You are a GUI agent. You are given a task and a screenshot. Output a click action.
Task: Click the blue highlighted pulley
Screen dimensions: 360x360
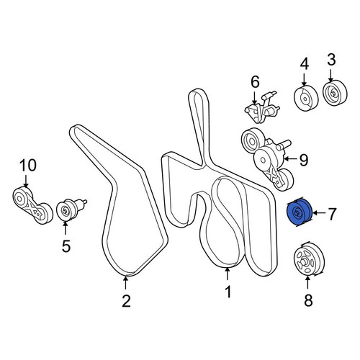click(x=300, y=212)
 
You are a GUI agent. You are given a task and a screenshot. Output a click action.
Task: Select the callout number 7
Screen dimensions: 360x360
click(x=331, y=214)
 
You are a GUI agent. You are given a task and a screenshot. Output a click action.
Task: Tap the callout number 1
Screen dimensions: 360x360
click(x=228, y=292)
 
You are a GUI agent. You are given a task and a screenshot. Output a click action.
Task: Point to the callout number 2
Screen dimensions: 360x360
click(x=126, y=301)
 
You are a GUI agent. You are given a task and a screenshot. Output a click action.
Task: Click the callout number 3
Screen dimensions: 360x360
click(x=331, y=60)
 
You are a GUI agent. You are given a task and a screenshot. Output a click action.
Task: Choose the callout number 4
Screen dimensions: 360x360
click(x=305, y=64)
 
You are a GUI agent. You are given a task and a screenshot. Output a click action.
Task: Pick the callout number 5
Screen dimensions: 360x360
click(x=66, y=246)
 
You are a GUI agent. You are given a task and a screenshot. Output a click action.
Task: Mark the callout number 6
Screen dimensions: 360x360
click(x=255, y=81)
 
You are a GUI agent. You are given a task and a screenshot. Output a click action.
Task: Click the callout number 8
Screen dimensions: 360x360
click(x=308, y=300)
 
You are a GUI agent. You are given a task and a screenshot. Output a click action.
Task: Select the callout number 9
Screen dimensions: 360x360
click(x=304, y=160)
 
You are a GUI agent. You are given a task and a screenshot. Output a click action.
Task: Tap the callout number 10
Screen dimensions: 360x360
click(x=28, y=165)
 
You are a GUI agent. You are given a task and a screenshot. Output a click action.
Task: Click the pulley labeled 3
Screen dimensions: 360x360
click(x=335, y=93)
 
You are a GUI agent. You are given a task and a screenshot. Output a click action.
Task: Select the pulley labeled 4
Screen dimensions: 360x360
click(x=306, y=98)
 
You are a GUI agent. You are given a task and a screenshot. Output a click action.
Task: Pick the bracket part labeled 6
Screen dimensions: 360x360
click(x=261, y=107)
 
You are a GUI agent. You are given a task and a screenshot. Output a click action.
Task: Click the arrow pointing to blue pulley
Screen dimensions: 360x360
click(x=319, y=213)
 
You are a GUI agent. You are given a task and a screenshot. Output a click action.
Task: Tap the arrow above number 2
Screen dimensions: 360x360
click(x=125, y=284)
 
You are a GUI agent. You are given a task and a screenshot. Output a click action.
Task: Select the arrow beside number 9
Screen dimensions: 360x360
click(x=290, y=158)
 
